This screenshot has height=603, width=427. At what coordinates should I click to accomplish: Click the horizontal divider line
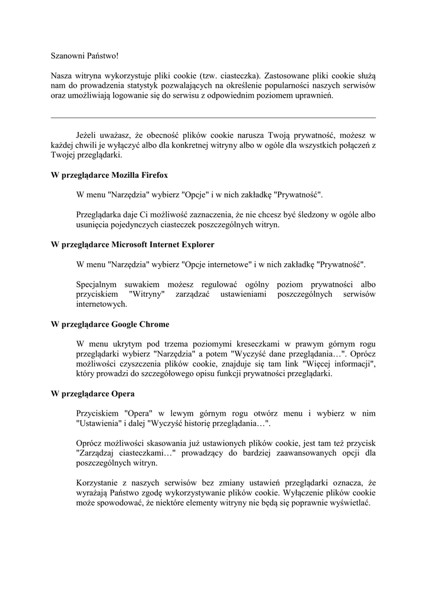(x=213, y=118)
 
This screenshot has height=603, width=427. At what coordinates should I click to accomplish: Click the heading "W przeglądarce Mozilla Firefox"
(x=110, y=175)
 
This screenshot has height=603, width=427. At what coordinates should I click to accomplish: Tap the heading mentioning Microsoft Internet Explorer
(x=133, y=244)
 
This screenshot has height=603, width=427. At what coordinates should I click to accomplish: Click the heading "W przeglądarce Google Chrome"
(x=110, y=324)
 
